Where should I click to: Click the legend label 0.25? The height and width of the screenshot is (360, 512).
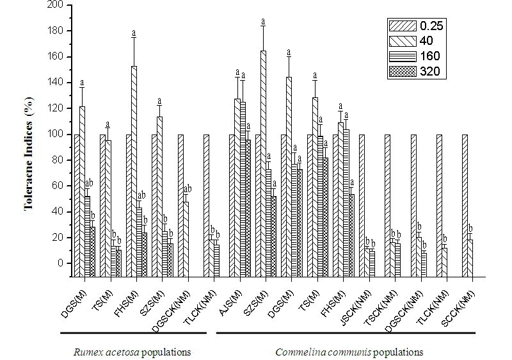coord(431,26)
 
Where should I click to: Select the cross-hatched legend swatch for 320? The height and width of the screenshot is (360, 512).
coord(403,71)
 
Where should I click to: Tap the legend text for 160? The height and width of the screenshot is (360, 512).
coord(430,56)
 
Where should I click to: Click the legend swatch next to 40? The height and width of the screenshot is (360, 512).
coord(403,41)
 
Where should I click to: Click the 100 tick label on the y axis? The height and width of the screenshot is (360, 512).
coord(56,135)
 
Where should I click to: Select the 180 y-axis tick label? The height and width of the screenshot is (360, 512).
coord(56,31)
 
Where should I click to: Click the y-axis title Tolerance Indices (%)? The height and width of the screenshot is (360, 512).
coord(29,153)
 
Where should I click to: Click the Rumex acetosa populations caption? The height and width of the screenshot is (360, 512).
coord(132,352)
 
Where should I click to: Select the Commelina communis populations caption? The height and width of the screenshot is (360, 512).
coord(349,352)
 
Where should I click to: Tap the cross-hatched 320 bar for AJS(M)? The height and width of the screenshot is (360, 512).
coord(248,208)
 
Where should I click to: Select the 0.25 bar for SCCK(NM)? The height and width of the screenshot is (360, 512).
coord(465,206)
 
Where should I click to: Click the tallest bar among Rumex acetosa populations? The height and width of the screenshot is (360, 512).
coord(134,172)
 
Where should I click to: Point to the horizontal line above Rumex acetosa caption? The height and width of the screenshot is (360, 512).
coord(133,333)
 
